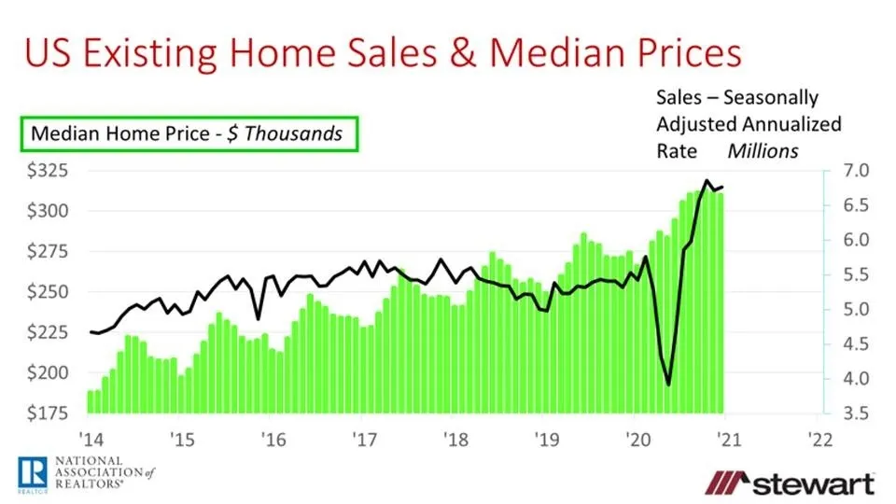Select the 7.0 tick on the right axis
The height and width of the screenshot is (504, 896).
pyautogui.click(x=858, y=171)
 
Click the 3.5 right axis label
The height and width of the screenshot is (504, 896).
pyautogui.click(x=858, y=413)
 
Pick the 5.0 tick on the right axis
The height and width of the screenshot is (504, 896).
pyautogui.click(x=858, y=309)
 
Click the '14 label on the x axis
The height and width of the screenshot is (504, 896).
pyautogui.click(x=91, y=440)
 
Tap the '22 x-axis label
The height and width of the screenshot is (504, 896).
pyautogui.click(x=818, y=440)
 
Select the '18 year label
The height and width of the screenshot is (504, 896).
pyautogui.click(x=455, y=440)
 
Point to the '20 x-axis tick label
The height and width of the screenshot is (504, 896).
pyautogui.click(x=636, y=440)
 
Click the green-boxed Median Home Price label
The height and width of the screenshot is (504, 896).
pyautogui.click(x=187, y=133)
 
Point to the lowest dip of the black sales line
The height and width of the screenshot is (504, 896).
pyautogui.click(x=668, y=384)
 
